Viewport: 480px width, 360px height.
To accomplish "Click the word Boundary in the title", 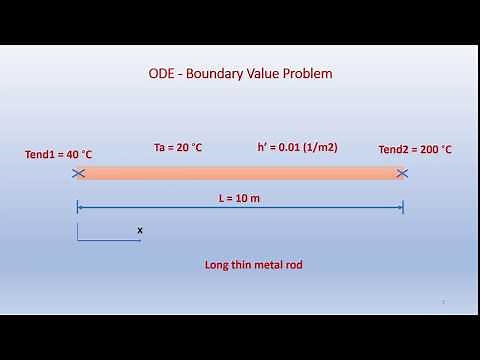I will click(218, 74).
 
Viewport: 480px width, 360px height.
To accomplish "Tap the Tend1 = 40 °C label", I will click(59, 154).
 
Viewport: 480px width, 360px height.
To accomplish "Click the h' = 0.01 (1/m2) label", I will click(297, 147).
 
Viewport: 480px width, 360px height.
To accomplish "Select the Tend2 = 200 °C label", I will click(415, 150).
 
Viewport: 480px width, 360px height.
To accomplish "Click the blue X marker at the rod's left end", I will click(78, 173).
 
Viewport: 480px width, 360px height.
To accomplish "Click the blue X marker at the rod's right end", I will click(402, 173).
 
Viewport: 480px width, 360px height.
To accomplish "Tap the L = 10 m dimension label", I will click(239, 198).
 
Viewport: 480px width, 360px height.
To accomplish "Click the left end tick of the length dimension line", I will click(78, 208).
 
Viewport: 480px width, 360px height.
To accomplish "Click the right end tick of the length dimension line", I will click(402, 208).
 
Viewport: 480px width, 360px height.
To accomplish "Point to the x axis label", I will click(140, 230).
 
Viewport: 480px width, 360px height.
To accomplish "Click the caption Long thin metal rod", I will click(253, 265).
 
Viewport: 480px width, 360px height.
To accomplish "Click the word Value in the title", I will click(265, 74).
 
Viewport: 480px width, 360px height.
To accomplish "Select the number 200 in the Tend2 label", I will click(428, 150).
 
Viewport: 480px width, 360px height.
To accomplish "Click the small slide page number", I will click(443, 301).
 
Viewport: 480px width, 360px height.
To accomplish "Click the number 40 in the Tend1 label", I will click(73, 154).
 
